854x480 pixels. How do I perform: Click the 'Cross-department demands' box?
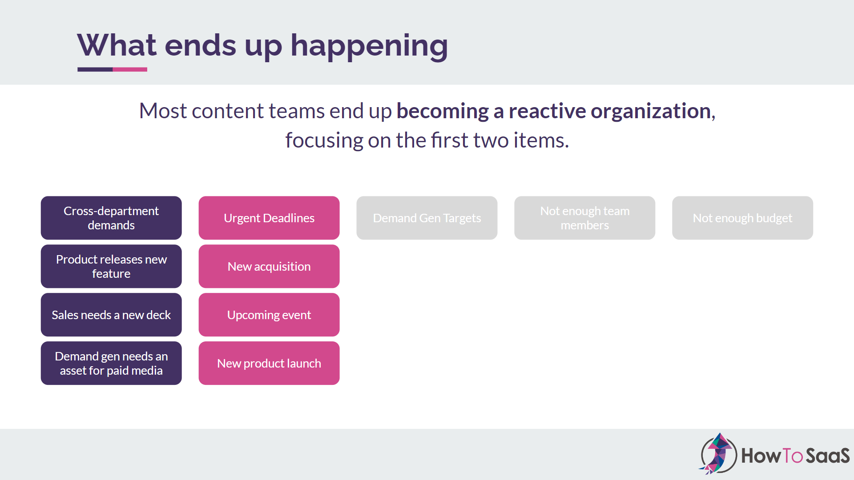(111, 218)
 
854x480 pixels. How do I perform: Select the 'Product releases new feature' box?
(111, 266)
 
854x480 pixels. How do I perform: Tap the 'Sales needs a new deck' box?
(111, 315)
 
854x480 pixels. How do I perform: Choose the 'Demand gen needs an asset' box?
(111, 363)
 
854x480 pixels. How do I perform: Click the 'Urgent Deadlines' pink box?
(269, 218)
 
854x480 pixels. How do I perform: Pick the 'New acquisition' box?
(269, 266)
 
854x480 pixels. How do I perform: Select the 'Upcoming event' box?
(269, 315)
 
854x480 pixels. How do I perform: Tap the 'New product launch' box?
(269, 363)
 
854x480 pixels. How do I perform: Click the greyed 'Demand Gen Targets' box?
(427, 218)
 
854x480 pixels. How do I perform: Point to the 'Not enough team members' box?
(585, 218)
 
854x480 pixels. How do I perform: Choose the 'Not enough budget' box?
(743, 218)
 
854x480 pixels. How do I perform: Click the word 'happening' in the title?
(369, 46)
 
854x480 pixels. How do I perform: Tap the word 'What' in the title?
(117, 45)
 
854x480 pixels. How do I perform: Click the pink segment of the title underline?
(130, 69)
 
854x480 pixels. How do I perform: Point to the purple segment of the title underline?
(95, 69)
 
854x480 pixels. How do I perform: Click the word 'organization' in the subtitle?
(651, 111)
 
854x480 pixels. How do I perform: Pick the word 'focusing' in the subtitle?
(324, 141)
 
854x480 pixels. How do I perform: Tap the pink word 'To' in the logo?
(792, 456)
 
